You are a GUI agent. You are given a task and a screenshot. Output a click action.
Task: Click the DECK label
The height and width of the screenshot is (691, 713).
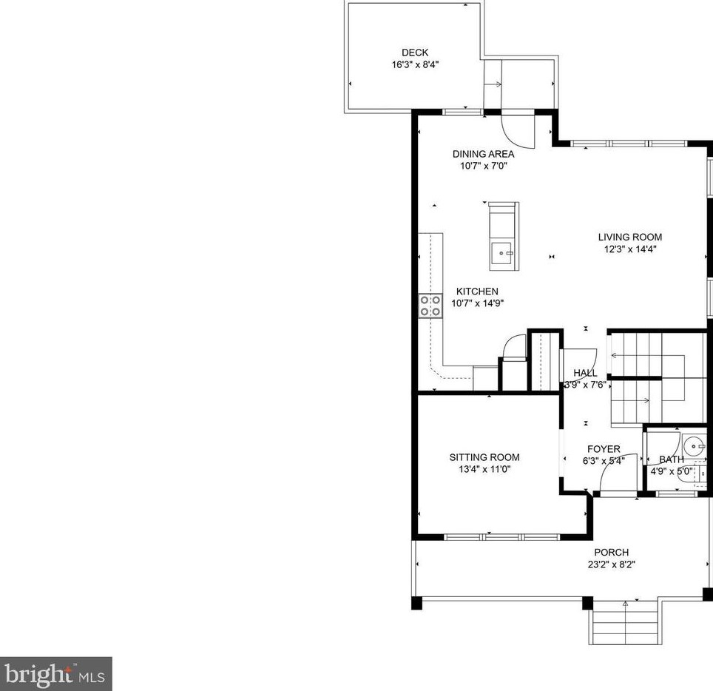415,53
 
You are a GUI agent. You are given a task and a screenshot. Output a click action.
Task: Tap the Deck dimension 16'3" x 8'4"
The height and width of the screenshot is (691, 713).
415,64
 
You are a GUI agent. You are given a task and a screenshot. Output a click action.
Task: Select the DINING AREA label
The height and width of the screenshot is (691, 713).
484,154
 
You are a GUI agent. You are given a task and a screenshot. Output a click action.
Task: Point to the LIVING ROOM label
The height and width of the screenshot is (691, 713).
629,237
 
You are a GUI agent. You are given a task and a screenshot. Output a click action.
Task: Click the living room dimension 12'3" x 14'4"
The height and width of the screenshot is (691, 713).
630,249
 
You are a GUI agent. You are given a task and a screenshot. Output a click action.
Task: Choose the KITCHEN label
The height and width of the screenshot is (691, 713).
477,291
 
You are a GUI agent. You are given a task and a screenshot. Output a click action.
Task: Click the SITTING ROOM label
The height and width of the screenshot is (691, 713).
484,457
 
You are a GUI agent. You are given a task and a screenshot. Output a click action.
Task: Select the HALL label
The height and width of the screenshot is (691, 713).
585,373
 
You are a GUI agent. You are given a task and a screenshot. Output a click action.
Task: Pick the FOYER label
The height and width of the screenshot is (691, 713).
604,449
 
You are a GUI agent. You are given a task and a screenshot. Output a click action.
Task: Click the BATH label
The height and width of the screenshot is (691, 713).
671,459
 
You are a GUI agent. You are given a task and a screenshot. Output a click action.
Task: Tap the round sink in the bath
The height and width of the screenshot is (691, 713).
695,447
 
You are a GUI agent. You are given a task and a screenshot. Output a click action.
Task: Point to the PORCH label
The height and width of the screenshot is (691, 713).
612,552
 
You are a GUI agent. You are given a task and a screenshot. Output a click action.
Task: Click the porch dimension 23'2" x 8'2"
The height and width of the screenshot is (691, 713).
612,564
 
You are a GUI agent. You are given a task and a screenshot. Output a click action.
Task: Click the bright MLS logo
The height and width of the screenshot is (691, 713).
56,674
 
